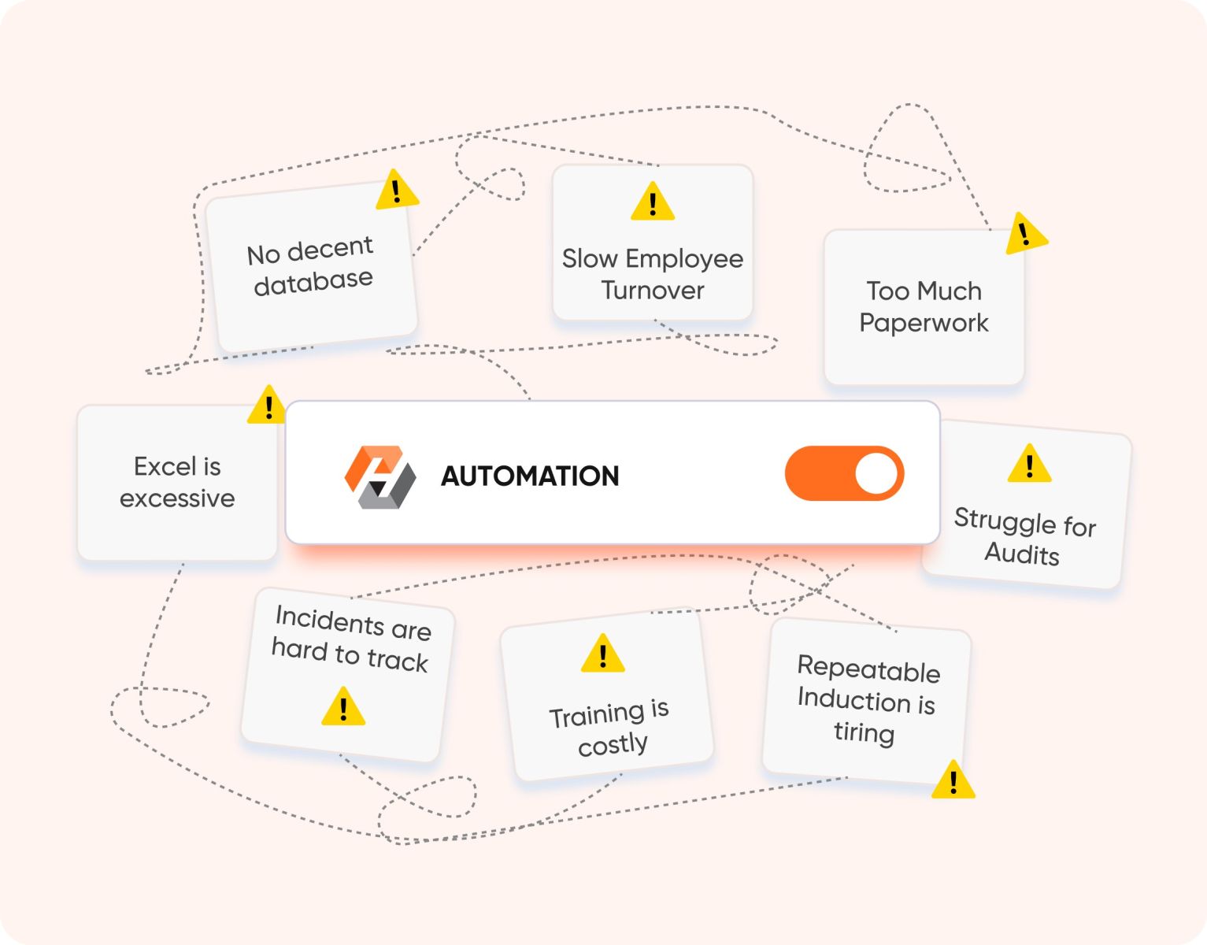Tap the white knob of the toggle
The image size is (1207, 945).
point(876,474)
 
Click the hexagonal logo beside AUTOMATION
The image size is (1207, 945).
point(380,476)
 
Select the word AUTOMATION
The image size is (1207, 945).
point(530,476)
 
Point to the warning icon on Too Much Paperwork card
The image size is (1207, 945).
point(1025,234)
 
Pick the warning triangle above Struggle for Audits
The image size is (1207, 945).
point(1029,465)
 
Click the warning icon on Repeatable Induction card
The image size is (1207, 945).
point(953,781)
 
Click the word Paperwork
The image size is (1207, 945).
point(924,323)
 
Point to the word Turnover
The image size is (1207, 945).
point(653,291)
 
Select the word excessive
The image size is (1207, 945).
point(177,498)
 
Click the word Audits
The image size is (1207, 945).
point(1022,554)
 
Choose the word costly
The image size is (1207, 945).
point(613,744)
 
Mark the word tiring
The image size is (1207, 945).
point(864,732)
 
